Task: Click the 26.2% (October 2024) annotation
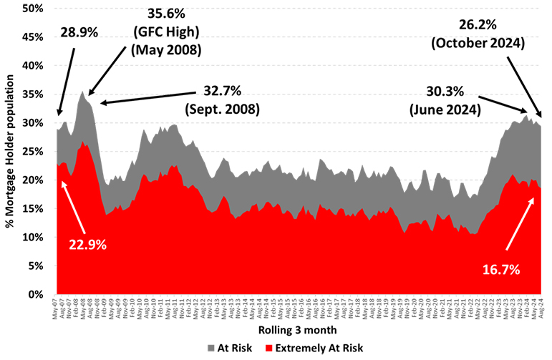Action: tap(479, 34)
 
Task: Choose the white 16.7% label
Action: tap(496, 269)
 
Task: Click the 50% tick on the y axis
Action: tap(34, 9)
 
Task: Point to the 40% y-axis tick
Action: tap(34, 66)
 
